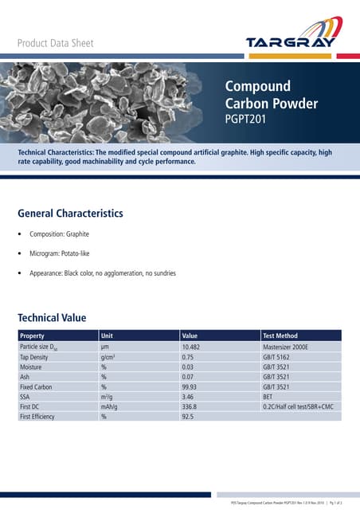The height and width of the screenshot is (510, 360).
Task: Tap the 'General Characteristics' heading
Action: click(70, 214)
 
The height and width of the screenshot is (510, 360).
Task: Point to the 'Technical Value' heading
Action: click(52, 317)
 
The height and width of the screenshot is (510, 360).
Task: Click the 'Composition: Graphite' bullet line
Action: click(59, 234)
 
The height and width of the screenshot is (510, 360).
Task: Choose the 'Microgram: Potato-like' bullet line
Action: click(65, 253)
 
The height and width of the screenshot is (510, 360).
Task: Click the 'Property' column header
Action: click(33, 336)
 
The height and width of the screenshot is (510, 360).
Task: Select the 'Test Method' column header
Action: click(280, 336)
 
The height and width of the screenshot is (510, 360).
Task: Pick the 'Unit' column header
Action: click(108, 336)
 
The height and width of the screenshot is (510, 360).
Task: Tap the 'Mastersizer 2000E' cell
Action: click(291, 347)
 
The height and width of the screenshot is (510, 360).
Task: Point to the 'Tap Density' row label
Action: click(37, 359)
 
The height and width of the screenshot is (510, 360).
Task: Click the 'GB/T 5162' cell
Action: click(279, 359)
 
